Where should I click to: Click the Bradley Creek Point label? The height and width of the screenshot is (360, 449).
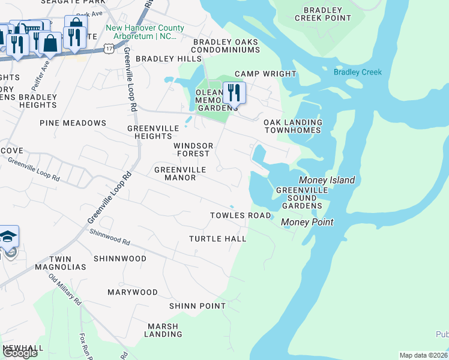[327, 14]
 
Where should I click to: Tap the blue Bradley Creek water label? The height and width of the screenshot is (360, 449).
[358, 72]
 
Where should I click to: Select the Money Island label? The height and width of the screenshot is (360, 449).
[327, 180]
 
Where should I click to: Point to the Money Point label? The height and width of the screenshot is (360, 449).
[307, 222]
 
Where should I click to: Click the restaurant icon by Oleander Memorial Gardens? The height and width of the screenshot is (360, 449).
[234, 93]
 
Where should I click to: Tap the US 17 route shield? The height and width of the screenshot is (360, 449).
[108, 47]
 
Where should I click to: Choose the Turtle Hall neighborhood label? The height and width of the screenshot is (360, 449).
[218, 238]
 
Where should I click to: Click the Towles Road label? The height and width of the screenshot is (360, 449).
[240, 215]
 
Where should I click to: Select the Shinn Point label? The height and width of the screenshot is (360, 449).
[197, 305]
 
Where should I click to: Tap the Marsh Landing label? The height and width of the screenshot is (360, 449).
[163, 330]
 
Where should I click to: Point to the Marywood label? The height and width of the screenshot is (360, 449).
[132, 292]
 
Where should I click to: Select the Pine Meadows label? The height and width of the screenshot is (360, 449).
[73, 122]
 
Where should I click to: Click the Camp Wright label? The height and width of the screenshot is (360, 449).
[265, 74]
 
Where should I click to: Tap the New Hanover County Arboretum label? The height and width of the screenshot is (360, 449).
[142, 32]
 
